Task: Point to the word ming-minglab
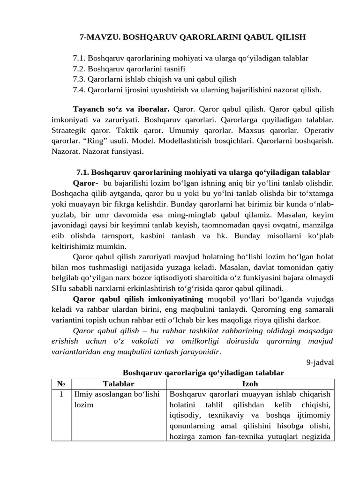tap(181, 215)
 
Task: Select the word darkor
tap(309, 320)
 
